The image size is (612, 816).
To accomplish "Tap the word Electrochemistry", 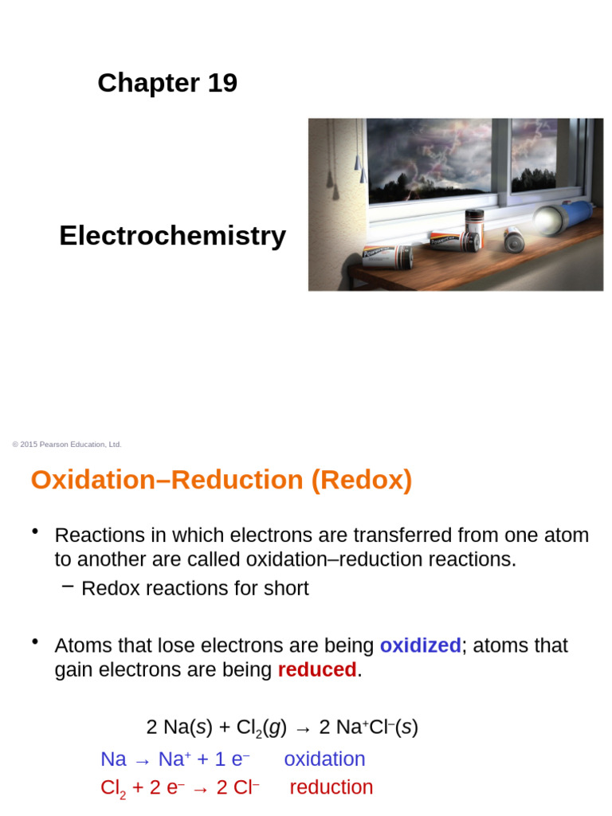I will click(x=172, y=236).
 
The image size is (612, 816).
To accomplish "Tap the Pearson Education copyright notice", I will click(x=67, y=445).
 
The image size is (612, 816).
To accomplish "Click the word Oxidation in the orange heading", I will click(x=90, y=481).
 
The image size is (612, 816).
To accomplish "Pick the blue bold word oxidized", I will click(x=420, y=645).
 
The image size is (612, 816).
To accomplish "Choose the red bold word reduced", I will click(x=316, y=670).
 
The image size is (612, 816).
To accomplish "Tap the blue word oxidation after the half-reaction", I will click(x=324, y=759).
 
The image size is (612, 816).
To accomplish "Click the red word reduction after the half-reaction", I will click(x=331, y=787).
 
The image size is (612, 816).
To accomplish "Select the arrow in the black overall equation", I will click(x=304, y=728).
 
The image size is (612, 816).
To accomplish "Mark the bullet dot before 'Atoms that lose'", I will click(x=35, y=642).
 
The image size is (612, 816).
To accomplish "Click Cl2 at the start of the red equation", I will click(x=113, y=788).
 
